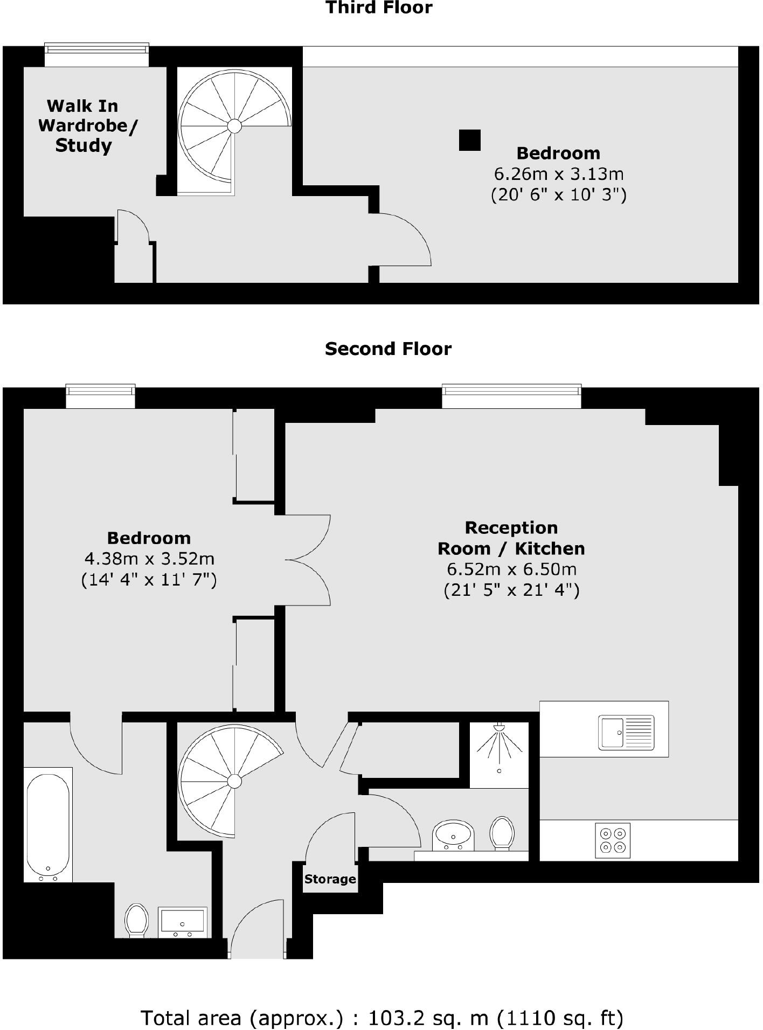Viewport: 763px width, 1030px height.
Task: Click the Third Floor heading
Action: coord(379,8)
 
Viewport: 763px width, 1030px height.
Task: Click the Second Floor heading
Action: coord(388,349)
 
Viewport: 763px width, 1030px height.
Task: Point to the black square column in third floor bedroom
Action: coord(469,140)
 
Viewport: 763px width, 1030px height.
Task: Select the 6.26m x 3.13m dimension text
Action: coord(558,174)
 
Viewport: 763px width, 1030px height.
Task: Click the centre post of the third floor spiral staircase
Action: coord(234,126)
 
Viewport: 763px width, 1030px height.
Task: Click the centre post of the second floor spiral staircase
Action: coord(234,781)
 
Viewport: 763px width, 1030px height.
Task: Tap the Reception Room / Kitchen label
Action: coord(511,538)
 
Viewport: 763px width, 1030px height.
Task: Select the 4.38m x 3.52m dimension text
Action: coord(149,559)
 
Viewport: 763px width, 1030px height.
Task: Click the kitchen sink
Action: coord(626,732)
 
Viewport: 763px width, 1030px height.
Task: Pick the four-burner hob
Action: coord(613,840)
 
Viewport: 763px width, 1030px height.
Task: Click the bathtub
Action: coord(48,825)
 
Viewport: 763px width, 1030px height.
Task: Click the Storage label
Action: coord(330,879)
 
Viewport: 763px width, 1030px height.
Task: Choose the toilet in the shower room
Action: coord(502,833)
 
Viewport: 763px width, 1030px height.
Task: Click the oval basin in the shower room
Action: coord(453,837)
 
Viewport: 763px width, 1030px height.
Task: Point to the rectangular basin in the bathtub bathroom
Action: coord(182,921)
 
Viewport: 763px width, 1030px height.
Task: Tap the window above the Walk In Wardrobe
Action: coord(96,55)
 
